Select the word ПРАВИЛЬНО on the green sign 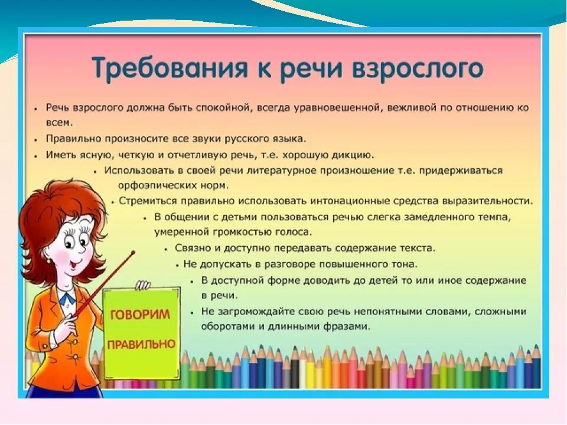coord(141,344)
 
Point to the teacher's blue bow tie coord(67,297)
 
